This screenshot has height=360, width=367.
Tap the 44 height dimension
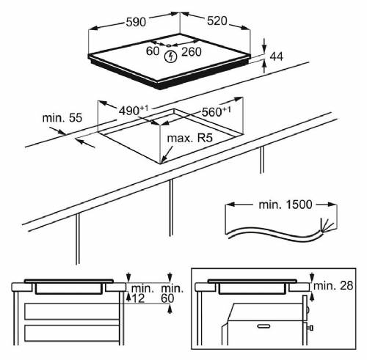coord(276,56)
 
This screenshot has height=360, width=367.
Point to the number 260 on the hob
coord(192,51)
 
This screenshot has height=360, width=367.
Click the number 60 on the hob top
coord(153,51)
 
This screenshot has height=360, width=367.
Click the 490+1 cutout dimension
coord(134,110)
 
